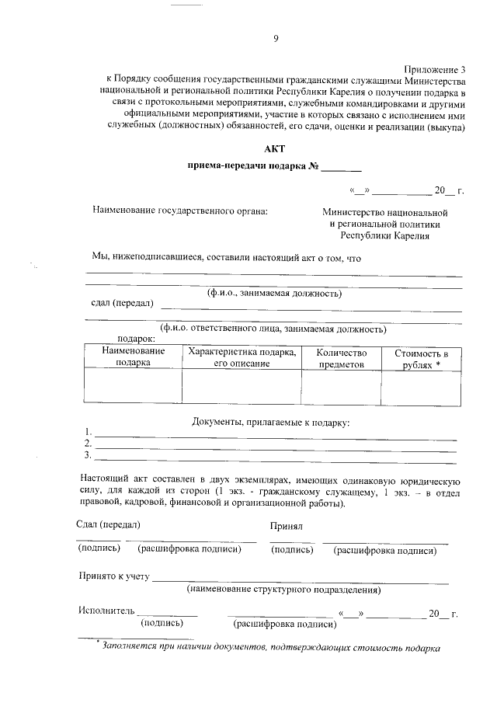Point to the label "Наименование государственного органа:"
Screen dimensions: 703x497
[179, 211]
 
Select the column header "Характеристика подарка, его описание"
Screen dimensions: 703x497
[242, 357]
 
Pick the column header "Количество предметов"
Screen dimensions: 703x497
[340, 357]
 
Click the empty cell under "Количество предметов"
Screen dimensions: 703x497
[340, 386]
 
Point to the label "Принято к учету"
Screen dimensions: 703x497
[113, 577]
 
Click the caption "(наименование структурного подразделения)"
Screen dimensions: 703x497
[283, 590]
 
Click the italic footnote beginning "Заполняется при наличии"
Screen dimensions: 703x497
[272, 648]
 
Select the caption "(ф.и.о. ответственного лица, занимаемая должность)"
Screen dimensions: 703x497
[273, 329]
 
